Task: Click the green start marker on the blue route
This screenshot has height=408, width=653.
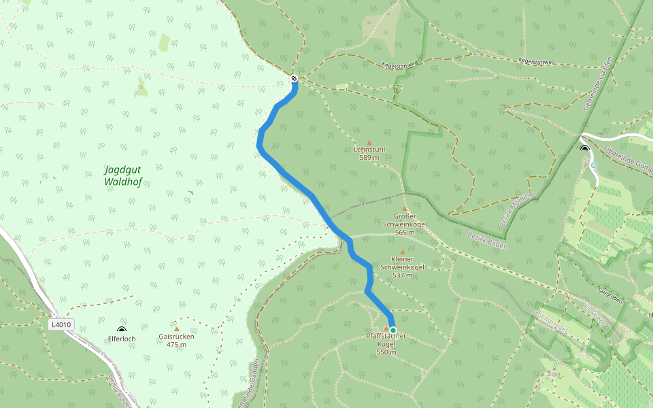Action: point(392,330)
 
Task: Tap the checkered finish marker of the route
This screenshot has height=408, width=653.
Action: point(294,78)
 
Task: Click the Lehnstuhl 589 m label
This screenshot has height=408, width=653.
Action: point(369,153)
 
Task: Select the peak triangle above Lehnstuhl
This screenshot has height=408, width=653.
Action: point(369,143)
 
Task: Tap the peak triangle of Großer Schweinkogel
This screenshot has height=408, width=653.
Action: point(405,209)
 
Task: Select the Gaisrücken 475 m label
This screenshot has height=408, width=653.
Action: point(176,340)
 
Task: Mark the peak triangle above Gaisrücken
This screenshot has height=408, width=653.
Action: point(176,329)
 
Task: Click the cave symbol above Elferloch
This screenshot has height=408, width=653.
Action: point(122,330)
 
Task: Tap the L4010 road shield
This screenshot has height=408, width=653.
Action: point(61,324)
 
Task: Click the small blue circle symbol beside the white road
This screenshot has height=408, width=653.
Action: point(594,165)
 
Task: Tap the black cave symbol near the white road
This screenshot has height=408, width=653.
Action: point(584,148)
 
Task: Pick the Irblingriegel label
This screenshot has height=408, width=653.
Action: point(551,317)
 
